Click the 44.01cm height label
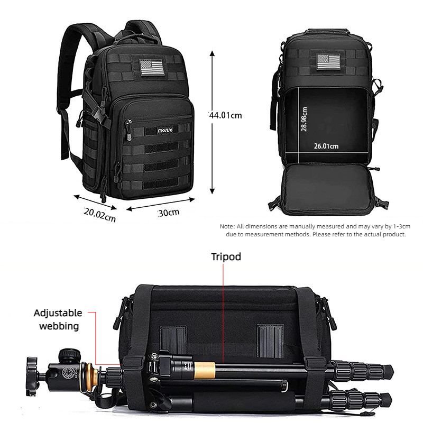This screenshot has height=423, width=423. (x=225, y=115)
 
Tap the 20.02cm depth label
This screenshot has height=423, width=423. (x=99, y=215)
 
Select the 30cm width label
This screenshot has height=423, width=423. (x=169, y=213)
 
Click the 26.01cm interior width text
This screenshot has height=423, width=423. (x=326, y=146)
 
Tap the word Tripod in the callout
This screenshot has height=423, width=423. (x=226, y=257)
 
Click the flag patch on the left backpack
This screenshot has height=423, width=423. (x=152, y=67)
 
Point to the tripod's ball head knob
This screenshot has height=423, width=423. (x=67, y=352)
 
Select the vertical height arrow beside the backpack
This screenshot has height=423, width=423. (x=212, y=122)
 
